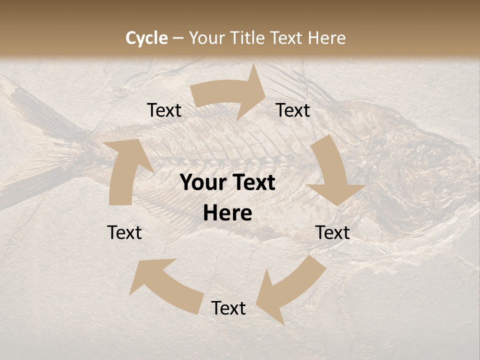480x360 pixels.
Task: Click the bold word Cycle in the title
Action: (146, 38)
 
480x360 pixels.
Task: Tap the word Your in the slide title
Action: (206, 38)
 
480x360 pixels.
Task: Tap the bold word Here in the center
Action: (227, 213)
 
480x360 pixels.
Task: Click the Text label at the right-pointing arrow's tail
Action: (164, 110)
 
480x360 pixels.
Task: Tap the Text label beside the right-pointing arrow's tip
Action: (293, 110)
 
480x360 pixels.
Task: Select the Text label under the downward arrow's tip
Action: (332, 232)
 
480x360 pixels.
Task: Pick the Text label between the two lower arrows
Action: (228, 308)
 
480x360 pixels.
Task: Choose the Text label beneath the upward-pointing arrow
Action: (124, 232)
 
